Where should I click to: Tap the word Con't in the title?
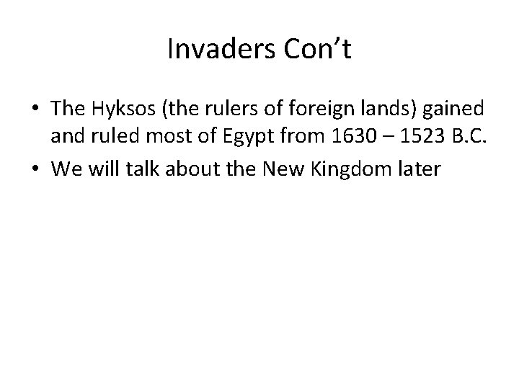pos(316,50)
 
